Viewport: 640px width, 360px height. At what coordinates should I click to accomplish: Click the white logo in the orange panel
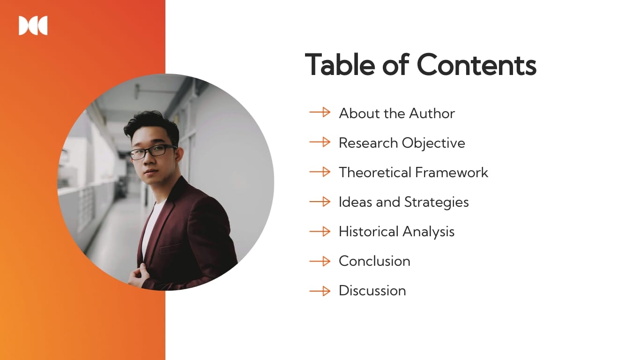click(33, 26)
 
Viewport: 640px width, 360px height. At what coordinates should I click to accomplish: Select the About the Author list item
click(396, 113)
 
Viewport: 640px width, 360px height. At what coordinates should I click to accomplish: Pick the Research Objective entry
click(402, 143)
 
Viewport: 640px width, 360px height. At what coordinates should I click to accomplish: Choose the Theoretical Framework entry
click(413, 172)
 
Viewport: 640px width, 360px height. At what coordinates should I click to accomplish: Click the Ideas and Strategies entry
click(403, 202)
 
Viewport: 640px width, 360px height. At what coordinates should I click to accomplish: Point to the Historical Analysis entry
click(396, 232)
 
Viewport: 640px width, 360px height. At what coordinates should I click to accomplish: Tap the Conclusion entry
click(374, 261)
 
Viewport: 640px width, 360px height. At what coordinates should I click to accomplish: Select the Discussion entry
click(372, 291)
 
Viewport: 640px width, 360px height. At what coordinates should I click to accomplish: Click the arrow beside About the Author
click(320, 112)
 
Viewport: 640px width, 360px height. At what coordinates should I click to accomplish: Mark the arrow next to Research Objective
click(320, 142)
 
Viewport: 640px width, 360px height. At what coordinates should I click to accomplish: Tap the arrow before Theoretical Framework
click(320, 172)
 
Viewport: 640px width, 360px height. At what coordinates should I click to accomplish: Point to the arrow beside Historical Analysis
click(320, 231)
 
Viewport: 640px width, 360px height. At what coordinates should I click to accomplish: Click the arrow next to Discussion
click(320, 291)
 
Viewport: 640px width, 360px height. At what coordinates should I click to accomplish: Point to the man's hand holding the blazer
click(137, 277)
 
